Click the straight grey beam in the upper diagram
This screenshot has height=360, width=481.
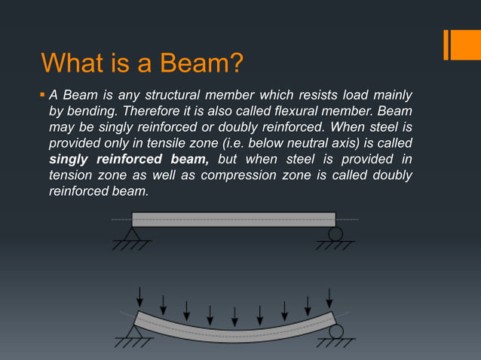click(x=234, y=219)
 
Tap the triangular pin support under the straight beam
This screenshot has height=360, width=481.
click(x=132, y=235)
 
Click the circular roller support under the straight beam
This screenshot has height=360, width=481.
click(x=335, y=234)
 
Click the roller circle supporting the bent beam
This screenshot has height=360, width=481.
click(x=335, y=331)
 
